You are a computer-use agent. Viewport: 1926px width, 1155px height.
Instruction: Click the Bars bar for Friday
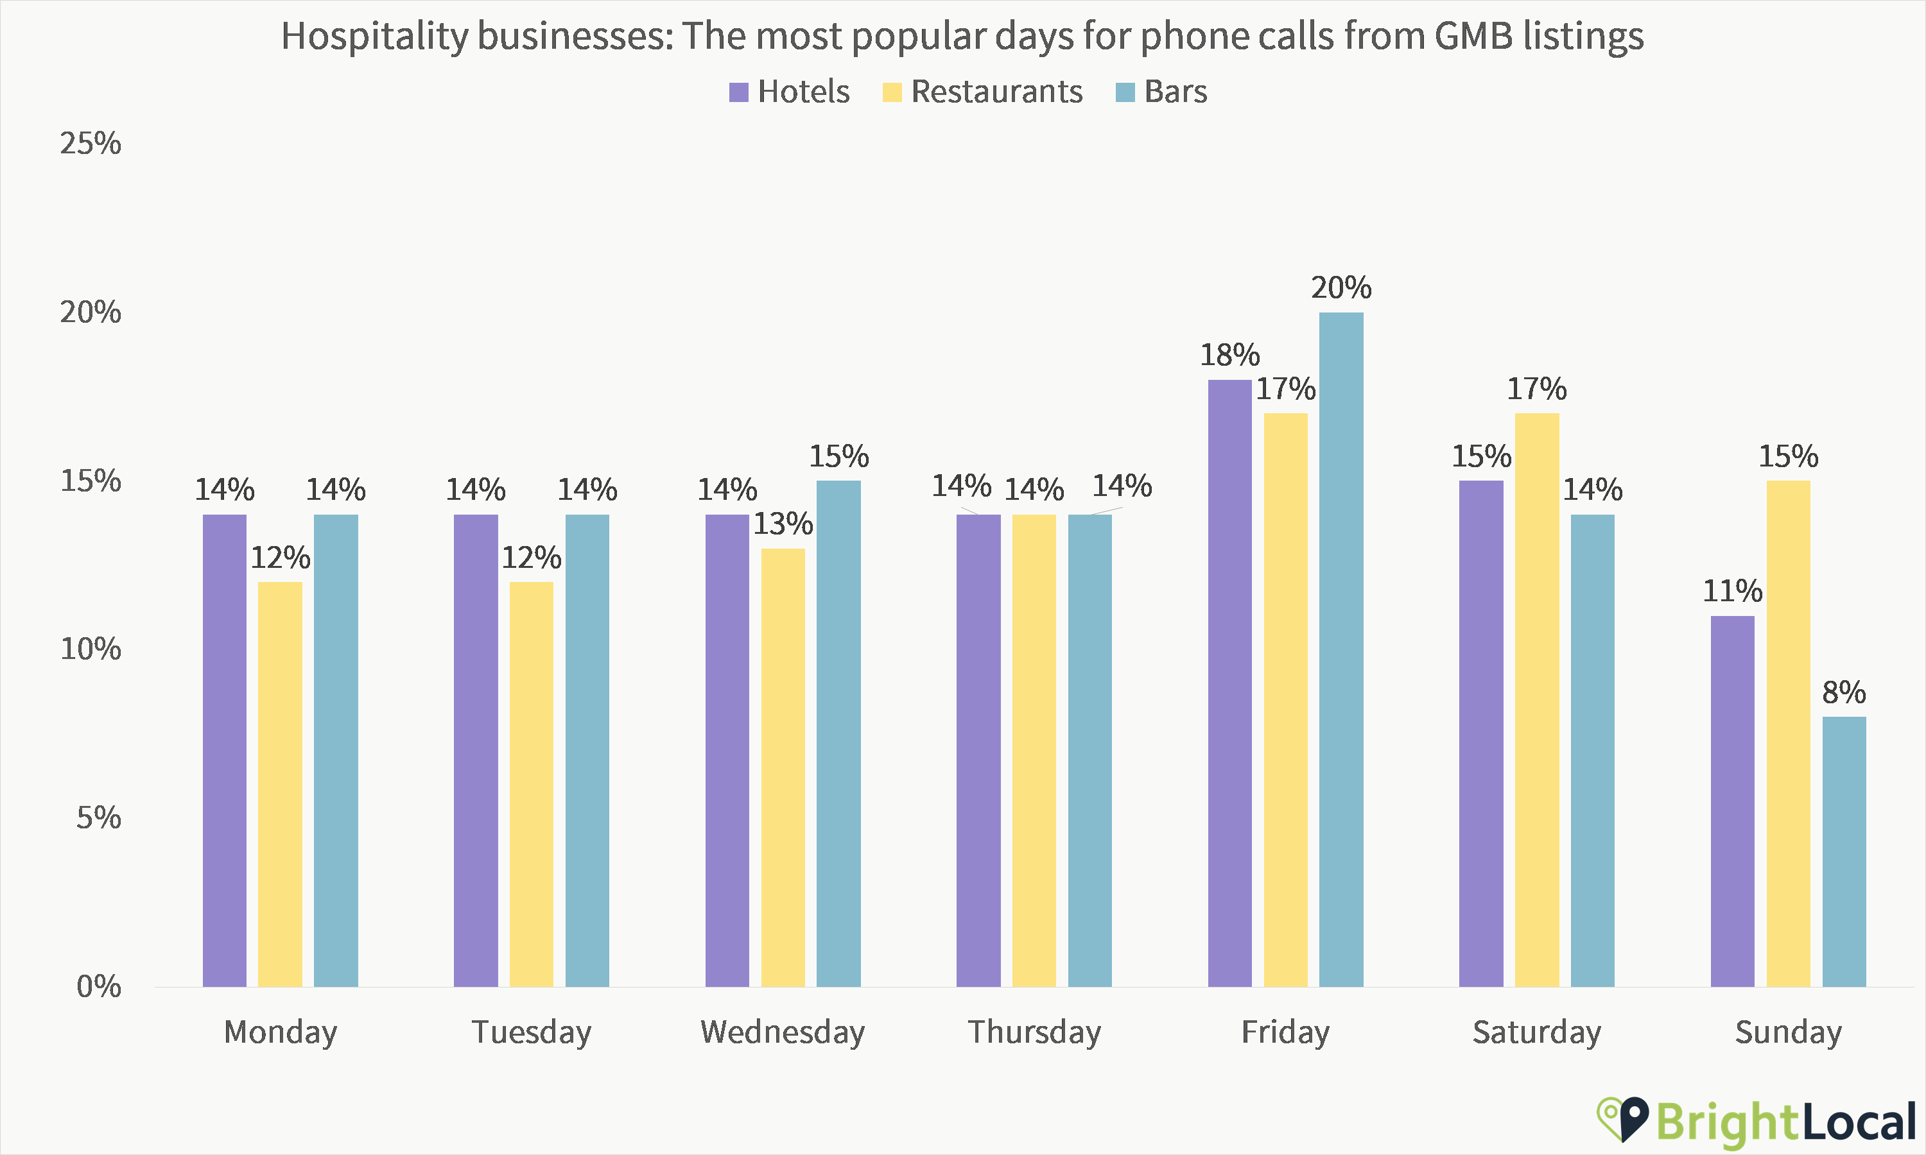pyautogui.click(x=1340, y=649)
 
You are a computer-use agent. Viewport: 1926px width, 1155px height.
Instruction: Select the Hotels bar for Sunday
pyautogui.click(x=1732, y=801)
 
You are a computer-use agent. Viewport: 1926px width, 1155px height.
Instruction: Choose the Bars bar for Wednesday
pyautogui.click(x=838, y=733)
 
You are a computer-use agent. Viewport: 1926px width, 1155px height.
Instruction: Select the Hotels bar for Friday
pyautogui.click(x=1229, y=683)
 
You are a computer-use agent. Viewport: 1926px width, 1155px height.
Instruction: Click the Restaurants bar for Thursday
pyautogui.click(x=1034, y=750)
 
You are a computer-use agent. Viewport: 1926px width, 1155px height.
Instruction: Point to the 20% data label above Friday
pyautogui.click(x=1340, y=288)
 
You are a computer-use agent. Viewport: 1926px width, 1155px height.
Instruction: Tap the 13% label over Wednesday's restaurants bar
pyautogui.click(x=783, y=524)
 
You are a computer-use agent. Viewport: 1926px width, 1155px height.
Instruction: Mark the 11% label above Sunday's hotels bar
pyautogui.click(x=1732, y=591)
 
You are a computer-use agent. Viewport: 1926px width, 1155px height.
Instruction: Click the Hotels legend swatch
pyautogui.click(x=738, y=92)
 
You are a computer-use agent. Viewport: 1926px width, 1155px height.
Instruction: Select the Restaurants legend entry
pyautogui.click(x=996, y=92)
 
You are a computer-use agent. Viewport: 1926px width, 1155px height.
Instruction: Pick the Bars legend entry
pyautogui.click(x=1175, y=92)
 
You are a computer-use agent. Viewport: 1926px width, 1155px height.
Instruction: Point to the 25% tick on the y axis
pyautogui.click(x=91, y=143)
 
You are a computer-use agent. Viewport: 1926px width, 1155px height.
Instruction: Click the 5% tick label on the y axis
pyautogui.click(x=98, y=818)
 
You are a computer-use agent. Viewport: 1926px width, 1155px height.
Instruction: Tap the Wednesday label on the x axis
pyautogui.click(x=783, y=1032)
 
